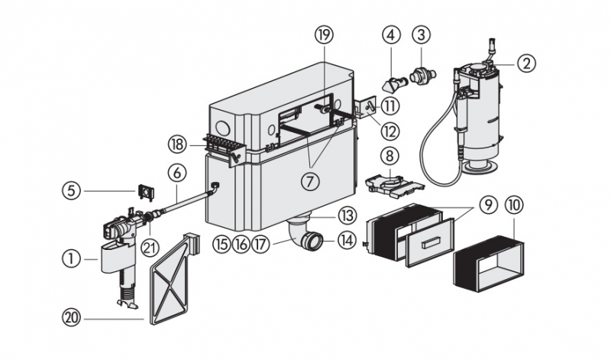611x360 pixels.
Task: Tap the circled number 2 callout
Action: (525, 63)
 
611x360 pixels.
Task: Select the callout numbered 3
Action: (420, 34)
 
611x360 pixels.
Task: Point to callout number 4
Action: (392, 34)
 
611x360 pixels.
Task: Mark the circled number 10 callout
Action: (513, 206)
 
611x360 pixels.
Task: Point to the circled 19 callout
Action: (324, 34)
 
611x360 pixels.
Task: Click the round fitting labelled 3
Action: (419, 77)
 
